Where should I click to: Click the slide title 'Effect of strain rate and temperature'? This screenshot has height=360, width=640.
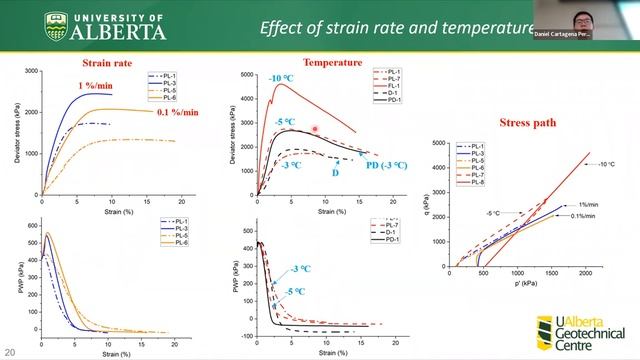390,27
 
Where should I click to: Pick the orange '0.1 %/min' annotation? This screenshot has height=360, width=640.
178,112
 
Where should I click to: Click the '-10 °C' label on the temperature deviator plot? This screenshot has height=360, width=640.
280,79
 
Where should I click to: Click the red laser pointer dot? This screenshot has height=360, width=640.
315,129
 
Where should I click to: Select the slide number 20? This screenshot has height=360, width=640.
9,352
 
